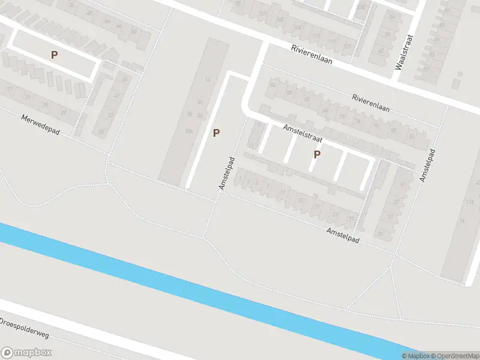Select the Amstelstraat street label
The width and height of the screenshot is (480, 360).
303,133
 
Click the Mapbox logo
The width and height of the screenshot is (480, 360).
26,353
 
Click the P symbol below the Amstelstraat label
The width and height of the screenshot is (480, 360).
317,155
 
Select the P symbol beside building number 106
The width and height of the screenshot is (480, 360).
215,133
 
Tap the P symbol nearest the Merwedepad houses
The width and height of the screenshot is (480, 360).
54,55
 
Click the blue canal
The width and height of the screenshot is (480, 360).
180,282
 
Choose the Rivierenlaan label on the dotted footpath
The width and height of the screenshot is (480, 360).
371,103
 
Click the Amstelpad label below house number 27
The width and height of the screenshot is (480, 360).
343,235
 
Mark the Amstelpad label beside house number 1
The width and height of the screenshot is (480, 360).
226,173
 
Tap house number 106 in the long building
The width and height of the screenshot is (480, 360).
189,131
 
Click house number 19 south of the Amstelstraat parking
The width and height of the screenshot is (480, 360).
316,208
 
